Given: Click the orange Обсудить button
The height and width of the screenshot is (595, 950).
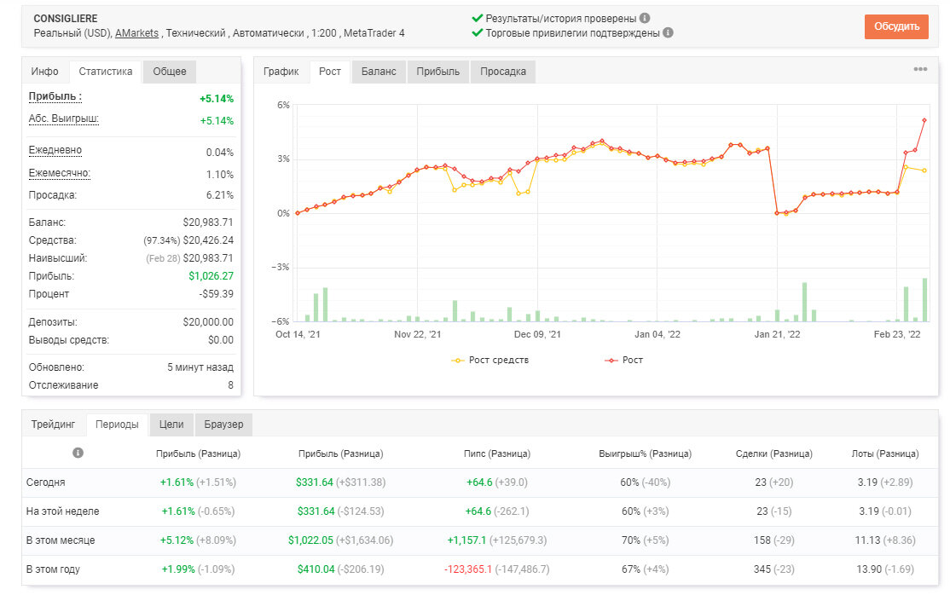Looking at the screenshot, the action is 896,26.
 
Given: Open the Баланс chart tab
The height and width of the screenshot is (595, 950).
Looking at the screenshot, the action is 379,72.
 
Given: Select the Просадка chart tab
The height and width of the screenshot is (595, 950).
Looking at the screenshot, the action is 503,72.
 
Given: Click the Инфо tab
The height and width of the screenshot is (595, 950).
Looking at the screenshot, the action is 45,72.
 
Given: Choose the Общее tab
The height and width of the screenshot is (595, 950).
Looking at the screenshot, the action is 170,72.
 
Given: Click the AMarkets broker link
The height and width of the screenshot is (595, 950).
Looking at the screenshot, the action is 137,33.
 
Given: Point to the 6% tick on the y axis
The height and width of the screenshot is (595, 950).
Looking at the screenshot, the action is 283,105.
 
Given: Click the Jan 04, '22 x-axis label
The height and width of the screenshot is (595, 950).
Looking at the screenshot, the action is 657,334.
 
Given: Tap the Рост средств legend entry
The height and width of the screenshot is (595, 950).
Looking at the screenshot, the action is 490,360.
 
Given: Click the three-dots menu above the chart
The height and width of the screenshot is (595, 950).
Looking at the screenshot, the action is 920,69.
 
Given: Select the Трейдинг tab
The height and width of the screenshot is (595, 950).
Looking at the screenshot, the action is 54,425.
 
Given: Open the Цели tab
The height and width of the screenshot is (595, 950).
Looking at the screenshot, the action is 171,425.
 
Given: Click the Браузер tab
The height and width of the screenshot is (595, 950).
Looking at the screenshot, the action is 223,425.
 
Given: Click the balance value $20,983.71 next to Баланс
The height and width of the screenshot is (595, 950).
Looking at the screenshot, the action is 208,222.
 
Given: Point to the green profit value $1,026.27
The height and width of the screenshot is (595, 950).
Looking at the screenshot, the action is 211,276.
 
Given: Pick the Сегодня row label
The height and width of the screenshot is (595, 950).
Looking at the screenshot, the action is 45,482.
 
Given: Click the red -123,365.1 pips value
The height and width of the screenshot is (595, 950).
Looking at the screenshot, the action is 467,569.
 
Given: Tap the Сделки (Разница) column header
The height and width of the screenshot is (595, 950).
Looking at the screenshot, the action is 773,453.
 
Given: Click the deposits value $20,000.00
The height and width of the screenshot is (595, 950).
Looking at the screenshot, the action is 208,322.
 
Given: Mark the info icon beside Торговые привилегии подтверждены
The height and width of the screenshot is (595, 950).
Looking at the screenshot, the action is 668,32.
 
